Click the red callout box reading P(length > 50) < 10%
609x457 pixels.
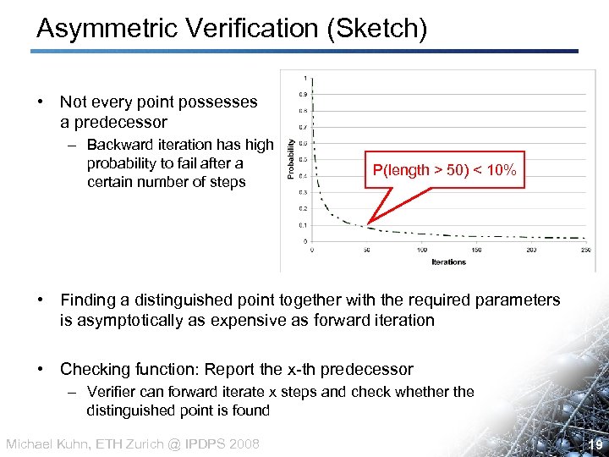pos(444,170)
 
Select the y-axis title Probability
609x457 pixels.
pos(293,159)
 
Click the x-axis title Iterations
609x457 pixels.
pos(448,262)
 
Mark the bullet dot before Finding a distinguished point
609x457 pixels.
pos(41,300)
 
